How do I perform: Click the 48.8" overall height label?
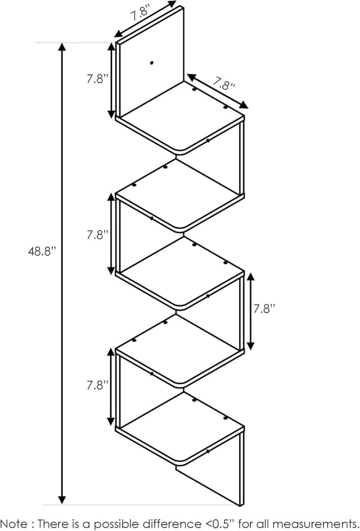pyautogui.click(x=42, y=251)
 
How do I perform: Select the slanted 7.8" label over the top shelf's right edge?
pyautogui.click(x=224, y=84)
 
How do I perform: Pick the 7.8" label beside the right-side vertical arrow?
pyautogui.click(x=264, y=309)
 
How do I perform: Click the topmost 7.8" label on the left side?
pyautogui.click(x=97, y=79)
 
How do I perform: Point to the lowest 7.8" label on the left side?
pyautogui.click(x=97, y=385)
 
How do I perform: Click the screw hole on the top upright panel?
pyautogui.click(x=151, y=62)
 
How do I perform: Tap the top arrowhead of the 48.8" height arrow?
pyautogui.click(x=62, y=47)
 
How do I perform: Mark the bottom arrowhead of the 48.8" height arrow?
pyautogui.click(x=62, y=499)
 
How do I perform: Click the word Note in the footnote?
pyautogui.click(x=15, y=523)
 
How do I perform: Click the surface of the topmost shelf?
pyautogui.click(x=182, y=116)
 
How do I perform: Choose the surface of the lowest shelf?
pyautogui.click(x=182, y=427)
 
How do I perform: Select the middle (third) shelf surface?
pyautogui.click(x=182, y=272)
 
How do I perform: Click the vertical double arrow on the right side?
pyautogui.click(x=251, y=312)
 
